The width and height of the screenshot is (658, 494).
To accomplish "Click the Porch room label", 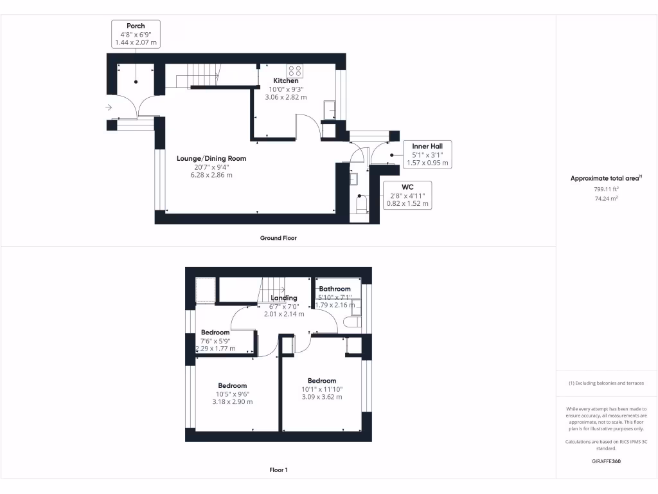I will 136,26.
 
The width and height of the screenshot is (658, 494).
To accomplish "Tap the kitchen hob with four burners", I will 295,70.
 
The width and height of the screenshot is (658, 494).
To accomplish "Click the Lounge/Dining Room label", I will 211,158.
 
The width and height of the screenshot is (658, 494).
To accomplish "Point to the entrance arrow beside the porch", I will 109,107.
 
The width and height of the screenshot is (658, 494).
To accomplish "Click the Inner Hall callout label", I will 427,147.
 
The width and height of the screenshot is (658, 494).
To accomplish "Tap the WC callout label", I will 407,188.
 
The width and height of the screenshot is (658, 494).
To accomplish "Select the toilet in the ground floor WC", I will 360,206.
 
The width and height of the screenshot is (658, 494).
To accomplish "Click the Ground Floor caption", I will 278,238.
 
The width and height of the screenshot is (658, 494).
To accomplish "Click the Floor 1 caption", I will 278,470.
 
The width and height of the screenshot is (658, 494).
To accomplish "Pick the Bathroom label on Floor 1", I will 335,289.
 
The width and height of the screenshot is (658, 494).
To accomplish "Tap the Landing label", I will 284,298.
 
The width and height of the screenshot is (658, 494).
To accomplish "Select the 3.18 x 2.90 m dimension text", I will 232,402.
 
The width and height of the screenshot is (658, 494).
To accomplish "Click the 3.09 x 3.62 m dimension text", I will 321,397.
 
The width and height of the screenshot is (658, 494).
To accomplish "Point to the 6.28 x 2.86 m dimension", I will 211,175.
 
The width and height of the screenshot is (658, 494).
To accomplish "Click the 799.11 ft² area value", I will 606,190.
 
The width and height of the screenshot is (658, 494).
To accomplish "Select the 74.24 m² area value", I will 606,199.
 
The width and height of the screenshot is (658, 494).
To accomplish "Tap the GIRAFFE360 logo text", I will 606,461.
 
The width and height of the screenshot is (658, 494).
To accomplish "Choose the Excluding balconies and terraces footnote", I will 606,383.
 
